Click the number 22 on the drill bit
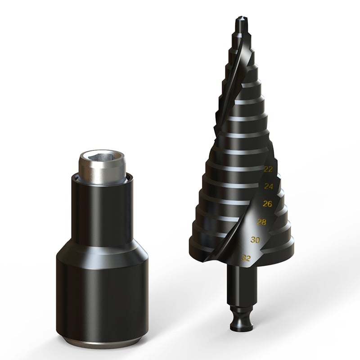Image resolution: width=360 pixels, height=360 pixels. [268, 170]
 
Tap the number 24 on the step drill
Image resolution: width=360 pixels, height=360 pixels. [269, 186]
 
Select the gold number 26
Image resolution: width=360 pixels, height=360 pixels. [267, 204]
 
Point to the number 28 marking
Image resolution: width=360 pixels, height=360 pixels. [261, 222]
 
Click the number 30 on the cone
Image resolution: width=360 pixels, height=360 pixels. [255, 240]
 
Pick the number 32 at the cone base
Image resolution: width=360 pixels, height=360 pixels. [246, 258]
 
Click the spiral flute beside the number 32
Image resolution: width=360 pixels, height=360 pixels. [220, 252]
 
